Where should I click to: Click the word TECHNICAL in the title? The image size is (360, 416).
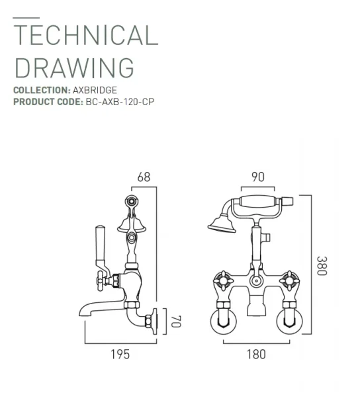pos(86,34)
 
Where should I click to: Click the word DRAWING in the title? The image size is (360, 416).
pos(74,67)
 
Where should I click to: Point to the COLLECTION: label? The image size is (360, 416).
pos(41,90)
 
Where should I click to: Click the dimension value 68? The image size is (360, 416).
pos(144,177)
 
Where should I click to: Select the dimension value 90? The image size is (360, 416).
pos(257,177)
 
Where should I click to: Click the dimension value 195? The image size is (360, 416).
pos(120,354)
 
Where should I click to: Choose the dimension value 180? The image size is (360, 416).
pos(256,354)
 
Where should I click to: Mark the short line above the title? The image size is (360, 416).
pos(26,17)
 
